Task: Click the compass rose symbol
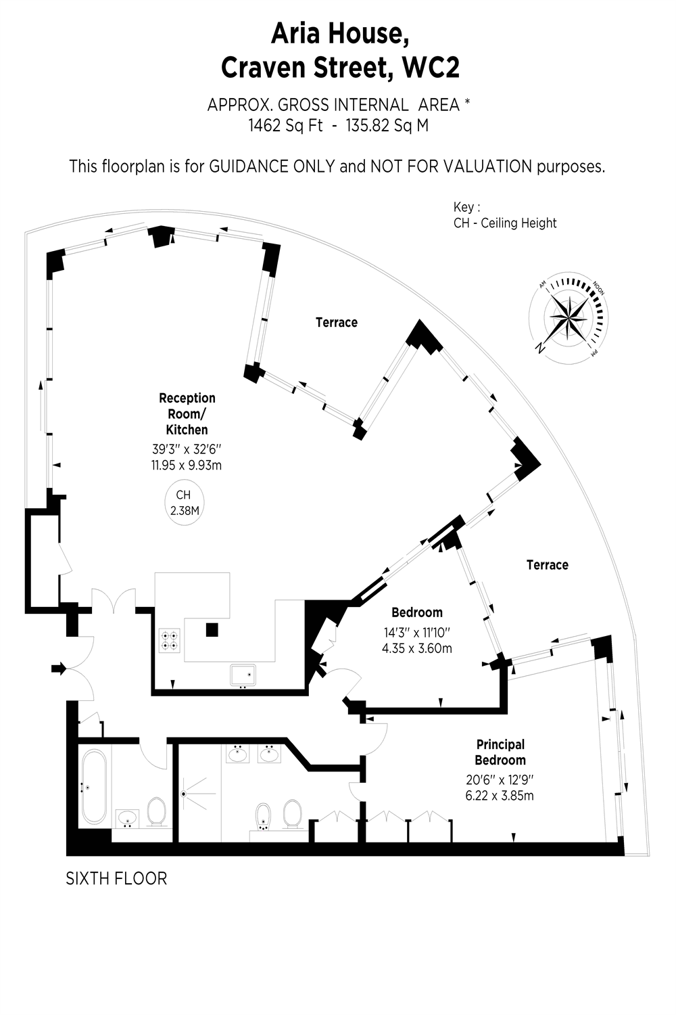(569, 318)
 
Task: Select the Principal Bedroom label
(500, 752)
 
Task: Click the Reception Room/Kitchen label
(187, 413)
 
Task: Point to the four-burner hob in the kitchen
(170, 640)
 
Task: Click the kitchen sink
(243, 675)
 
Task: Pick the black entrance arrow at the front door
(59, 669)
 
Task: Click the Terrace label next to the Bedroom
(547, 564)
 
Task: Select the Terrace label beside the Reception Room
(337, 322)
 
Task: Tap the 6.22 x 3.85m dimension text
(500, 796)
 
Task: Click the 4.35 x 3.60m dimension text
(417, 648)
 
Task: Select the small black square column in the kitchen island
(212, 630)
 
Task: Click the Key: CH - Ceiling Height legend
(505, 215)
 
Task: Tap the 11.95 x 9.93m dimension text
(187, 465)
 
